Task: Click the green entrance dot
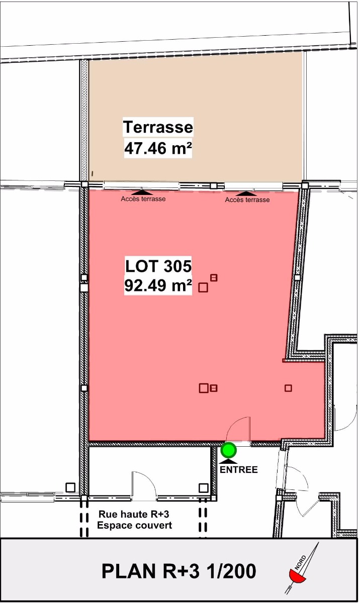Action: pyautogui.click(x=229, y=450)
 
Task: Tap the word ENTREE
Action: pyautogui.click(x=239, y=470)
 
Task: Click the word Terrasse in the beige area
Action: pyautogui.click(x=158, y=127)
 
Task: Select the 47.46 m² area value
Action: pyautogui.click(x=158, y=148)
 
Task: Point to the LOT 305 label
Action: pyautogui.click(x=158, y=266)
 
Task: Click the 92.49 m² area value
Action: pyautogui.click(x=158, y=285)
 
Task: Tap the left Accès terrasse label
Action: pyautogui.click(x=143, y=199)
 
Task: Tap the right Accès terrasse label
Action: pyautogui.click(x=247, y=200)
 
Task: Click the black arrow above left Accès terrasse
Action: pyautogui.click(x=142, y=192)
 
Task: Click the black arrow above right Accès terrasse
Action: pyautogui.click(x=245, y=193)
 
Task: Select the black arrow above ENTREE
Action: pyautogui.click(x=229, y=461)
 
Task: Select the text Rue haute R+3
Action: pyautogui.click(x=134, y=514)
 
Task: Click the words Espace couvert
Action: pyautogui.click(x=134, y=525)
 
